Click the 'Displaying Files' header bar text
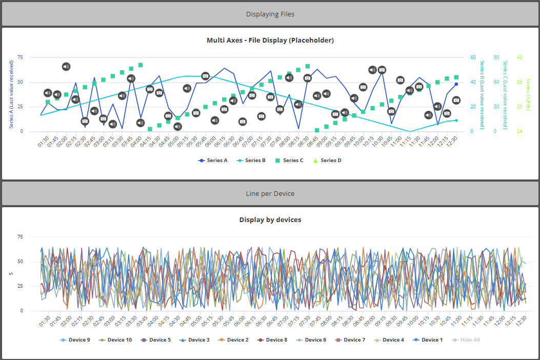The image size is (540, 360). point(270,14)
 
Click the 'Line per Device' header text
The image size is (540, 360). point(270,194)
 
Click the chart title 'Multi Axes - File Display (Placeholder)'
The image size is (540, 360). point(270,41)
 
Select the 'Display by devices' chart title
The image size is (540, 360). point(270,220)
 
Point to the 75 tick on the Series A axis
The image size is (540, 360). point(21,57)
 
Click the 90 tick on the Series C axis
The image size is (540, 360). point(496,57)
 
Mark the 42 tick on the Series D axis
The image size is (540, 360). point(519,57)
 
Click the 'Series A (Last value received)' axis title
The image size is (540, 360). point(12,94)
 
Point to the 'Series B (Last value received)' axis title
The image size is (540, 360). point(482,94)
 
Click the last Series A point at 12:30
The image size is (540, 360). point(456,84)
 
